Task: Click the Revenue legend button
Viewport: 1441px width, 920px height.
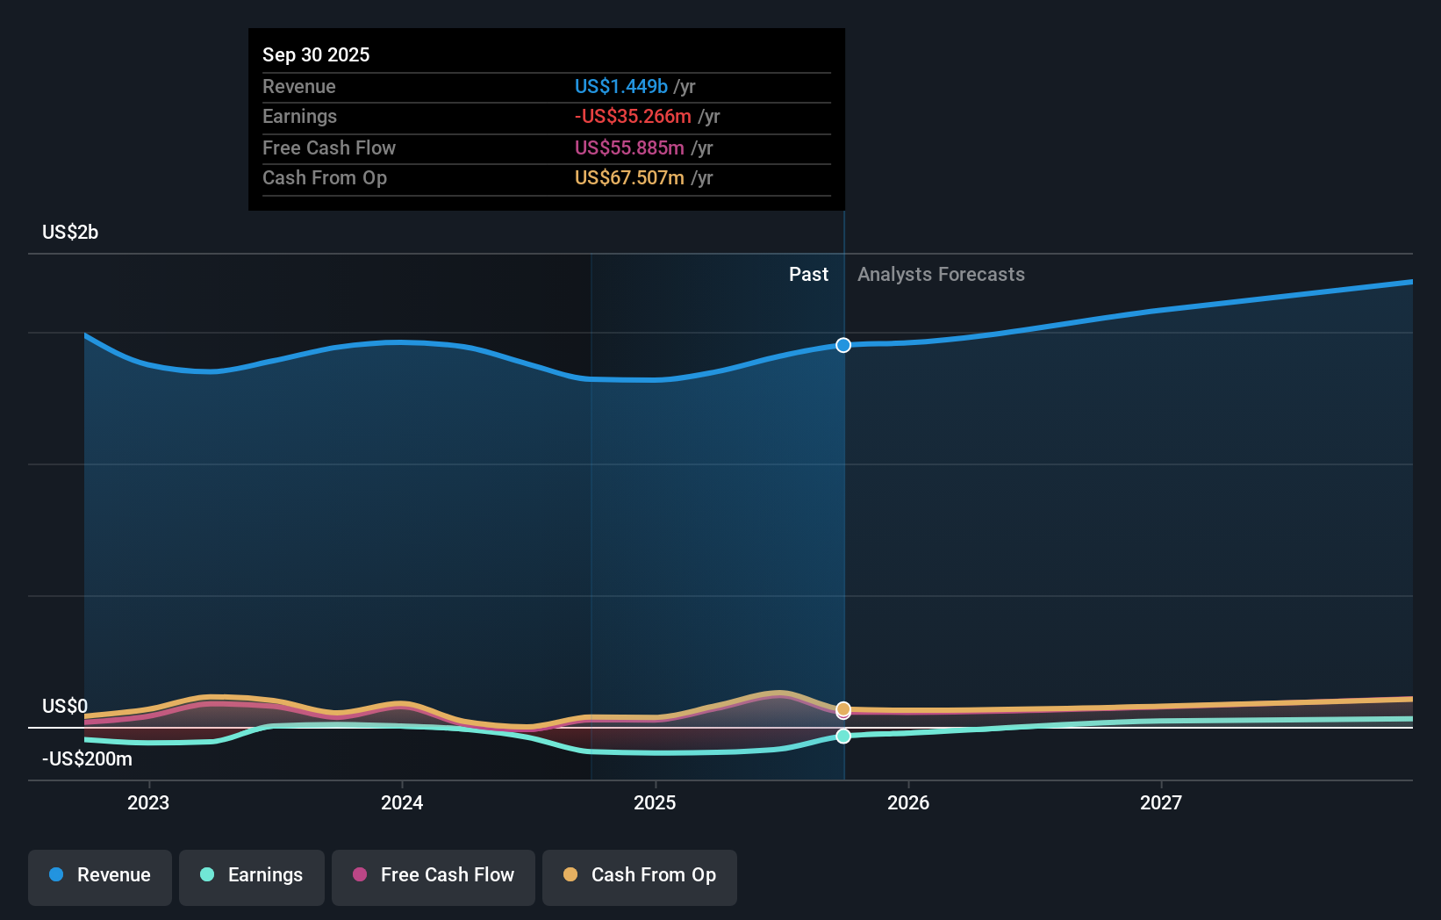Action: click(100, 875)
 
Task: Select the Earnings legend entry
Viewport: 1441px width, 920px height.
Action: click(252, 875)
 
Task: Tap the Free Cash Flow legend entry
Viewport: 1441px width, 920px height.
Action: click(434, 875)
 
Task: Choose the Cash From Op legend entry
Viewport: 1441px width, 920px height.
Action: click(640, 875)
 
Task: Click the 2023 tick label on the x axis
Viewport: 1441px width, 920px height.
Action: click(148, 802)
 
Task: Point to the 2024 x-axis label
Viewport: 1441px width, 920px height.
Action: click(402, 802)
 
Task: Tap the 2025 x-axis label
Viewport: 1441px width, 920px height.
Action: click(655, 802)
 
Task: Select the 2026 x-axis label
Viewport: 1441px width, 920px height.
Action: click(908, 802)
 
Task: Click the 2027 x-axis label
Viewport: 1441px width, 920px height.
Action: click(1161, 802)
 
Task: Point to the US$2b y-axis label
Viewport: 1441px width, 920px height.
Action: click(70, 233)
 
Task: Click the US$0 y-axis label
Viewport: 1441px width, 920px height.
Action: click(65, 707)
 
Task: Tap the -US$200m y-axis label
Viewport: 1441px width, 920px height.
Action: click(87, 759)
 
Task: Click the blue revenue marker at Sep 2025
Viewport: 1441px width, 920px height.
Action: click(843, 345)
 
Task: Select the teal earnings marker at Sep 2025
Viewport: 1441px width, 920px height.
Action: click(843, 736)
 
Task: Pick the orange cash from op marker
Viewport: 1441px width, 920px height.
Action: click(843, 708)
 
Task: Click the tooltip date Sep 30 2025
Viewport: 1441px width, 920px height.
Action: click(316, 54)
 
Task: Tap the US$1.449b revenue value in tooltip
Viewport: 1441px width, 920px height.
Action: click(620, 86)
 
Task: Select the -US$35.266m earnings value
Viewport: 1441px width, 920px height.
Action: click(633, 117)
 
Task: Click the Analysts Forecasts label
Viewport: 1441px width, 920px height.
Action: click(941, 275)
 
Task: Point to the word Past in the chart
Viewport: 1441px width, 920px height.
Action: click(808, 275)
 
